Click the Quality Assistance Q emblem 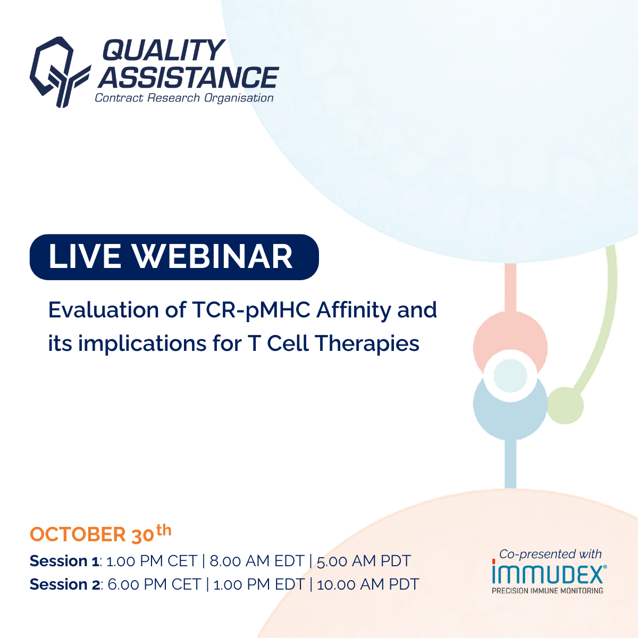click(60, 72)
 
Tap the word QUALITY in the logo click(164, 50)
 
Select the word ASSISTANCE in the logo click(188, 77)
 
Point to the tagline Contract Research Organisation click(184, 98)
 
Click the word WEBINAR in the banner click(212, 256)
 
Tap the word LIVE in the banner click(85, 256)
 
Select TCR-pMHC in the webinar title click(251, 310)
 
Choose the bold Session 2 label click(65, 585)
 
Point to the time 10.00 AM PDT click(368, 585)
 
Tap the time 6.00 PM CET click(154, 585)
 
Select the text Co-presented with click(550, 554)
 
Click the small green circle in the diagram click(565, 406)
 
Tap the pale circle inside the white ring click(510, 375)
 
